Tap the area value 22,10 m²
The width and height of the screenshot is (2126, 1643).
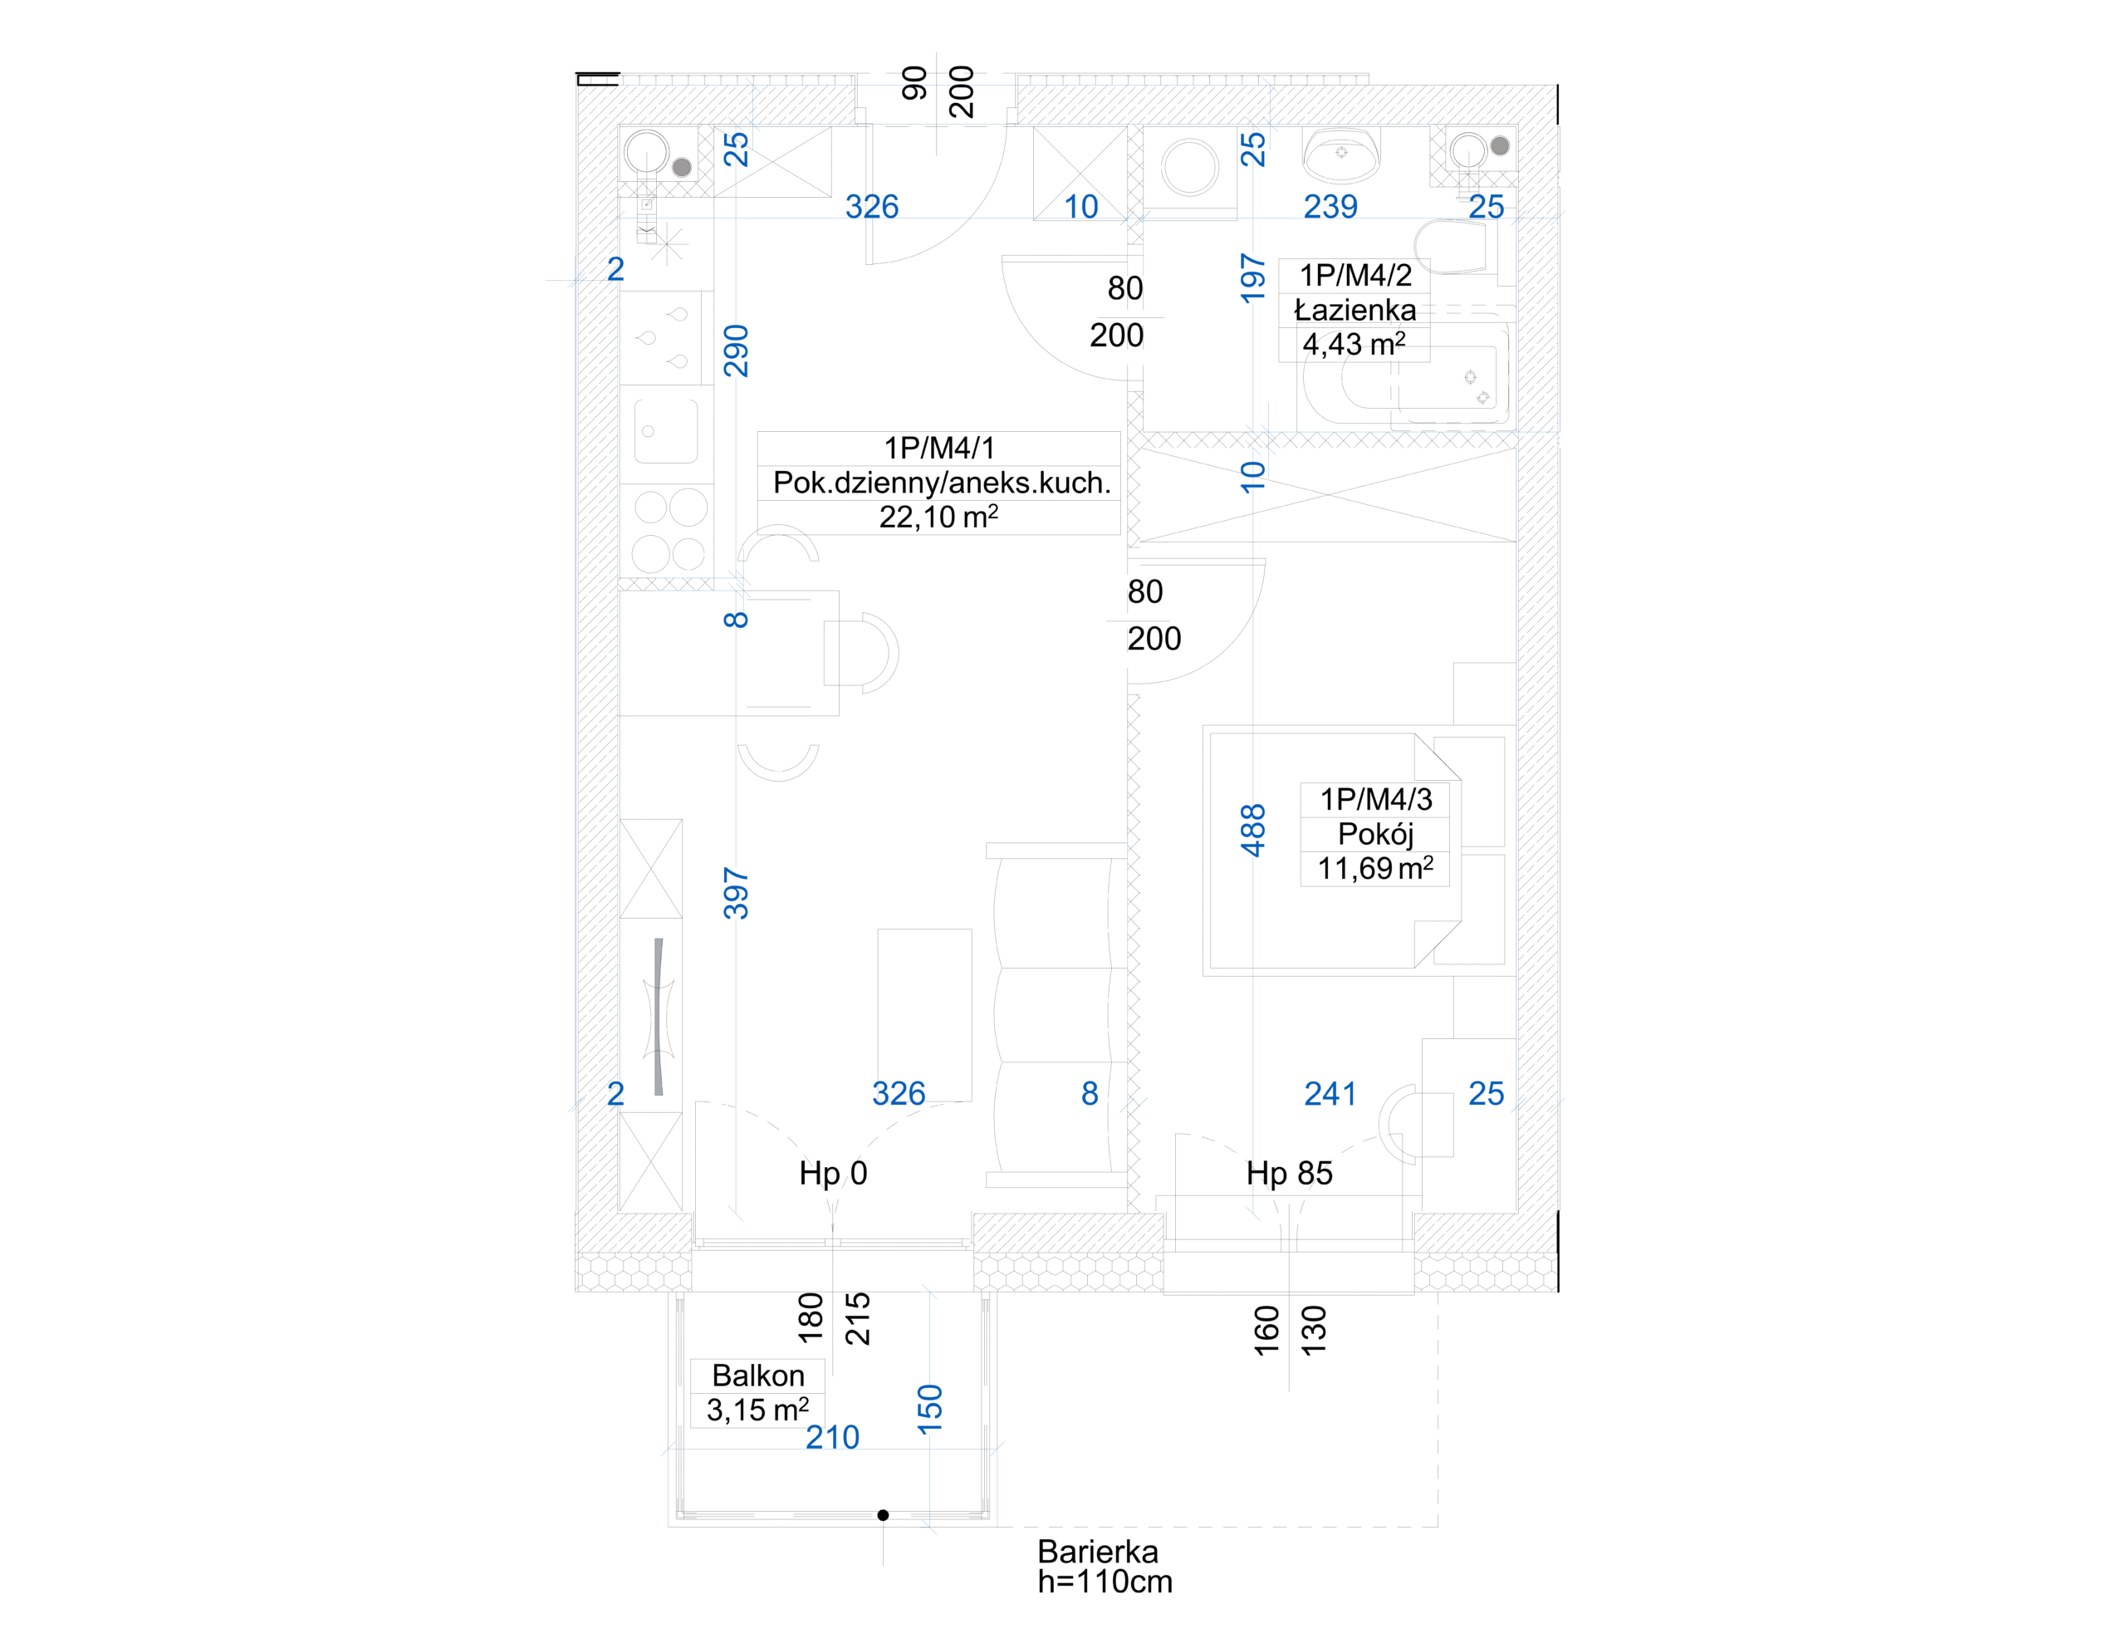[938, 517]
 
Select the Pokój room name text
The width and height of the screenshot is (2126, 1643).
[1374, 834]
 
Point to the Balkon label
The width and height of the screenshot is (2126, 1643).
[758, 1376]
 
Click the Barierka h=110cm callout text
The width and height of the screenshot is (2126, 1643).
[1104, 1566]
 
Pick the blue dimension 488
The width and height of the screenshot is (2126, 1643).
[1253, 830]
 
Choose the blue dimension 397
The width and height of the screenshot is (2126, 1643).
[736, 893]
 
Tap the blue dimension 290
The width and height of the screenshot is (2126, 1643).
[736, 351]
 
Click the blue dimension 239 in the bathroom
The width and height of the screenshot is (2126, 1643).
[1330, 207]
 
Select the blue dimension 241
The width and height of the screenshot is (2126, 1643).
[1330, 1094]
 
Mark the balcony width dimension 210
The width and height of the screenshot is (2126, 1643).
[832, 1438]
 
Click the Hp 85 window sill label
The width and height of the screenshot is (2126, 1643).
[1289, 1174]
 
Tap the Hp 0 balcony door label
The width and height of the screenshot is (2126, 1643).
[832, 1174]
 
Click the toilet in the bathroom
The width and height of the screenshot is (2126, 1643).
[1451, 248]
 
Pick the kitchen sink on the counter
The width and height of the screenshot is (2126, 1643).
[666, 430]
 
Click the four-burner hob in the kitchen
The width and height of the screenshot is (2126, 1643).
[669, 531]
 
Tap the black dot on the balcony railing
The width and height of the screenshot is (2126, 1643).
[883, 1514]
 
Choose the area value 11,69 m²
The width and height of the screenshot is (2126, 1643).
[1374, 869]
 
